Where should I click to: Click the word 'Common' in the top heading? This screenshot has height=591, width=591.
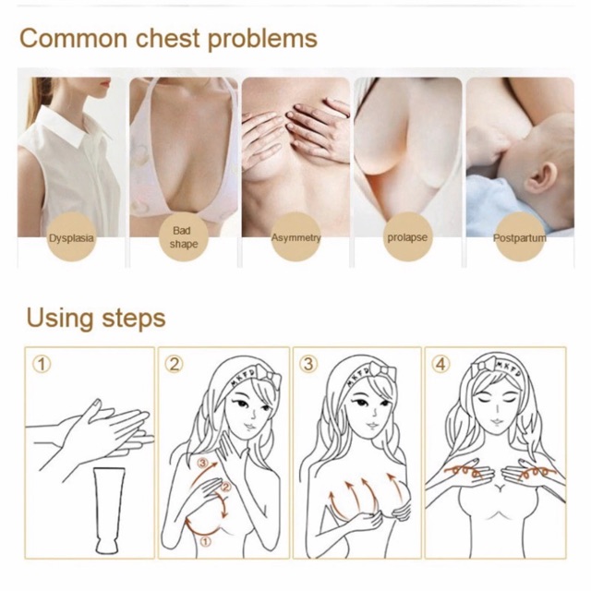(74, 39)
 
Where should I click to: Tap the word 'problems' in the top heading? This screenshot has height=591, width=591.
(262, 40)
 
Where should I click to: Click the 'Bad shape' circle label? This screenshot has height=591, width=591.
(184, 237)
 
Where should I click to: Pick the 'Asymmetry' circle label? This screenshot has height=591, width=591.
(295, 237)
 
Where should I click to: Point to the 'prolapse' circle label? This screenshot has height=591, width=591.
(407, 237)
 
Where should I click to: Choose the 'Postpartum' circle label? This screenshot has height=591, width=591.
(520, 237)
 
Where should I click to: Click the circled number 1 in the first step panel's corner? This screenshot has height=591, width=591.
(42, 365)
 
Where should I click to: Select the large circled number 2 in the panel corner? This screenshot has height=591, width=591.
(175, 365)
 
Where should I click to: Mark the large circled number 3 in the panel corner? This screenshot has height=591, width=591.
(308, 365)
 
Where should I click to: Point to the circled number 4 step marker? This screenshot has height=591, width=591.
(440, 365)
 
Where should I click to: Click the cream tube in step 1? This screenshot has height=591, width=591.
(107, 511)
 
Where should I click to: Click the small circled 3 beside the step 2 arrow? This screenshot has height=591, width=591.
(203, 463)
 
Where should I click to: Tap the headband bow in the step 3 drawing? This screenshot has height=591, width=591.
(382, 372)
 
